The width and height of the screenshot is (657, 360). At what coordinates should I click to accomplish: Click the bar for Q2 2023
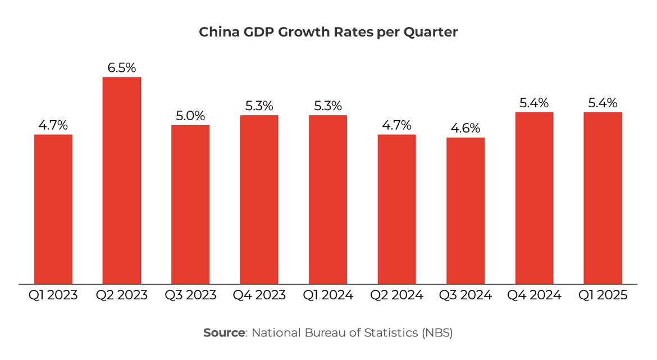click(121, 180)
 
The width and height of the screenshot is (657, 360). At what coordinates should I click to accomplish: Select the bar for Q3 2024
click(466, 211)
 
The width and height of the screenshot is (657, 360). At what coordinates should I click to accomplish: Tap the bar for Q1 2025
click(603, 198)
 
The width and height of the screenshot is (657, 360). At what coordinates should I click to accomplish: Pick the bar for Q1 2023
click(53, 209)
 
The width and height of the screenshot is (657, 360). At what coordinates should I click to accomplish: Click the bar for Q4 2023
click(259, 199)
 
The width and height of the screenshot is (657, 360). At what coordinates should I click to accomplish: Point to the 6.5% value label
click(122, 68)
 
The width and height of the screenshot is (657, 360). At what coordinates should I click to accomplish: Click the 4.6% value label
click(466, 128)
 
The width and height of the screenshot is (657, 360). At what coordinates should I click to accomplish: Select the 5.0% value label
click(190, 116)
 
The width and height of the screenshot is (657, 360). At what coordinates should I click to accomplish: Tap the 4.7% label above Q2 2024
click(396, 125)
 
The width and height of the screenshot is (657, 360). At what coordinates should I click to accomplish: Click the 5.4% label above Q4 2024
click(534, 103)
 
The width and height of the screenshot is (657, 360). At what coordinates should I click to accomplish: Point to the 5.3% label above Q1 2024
click(328, 106)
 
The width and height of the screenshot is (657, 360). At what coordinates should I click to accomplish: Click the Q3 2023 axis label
click(190, 295)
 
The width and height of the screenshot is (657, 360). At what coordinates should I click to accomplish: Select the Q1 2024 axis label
click(328, 295)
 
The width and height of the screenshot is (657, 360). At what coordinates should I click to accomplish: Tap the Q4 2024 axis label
click(534, 295)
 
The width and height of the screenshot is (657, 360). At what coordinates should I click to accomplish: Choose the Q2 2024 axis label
click(396, 295)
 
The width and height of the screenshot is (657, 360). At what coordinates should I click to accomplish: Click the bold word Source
click(223, 332)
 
